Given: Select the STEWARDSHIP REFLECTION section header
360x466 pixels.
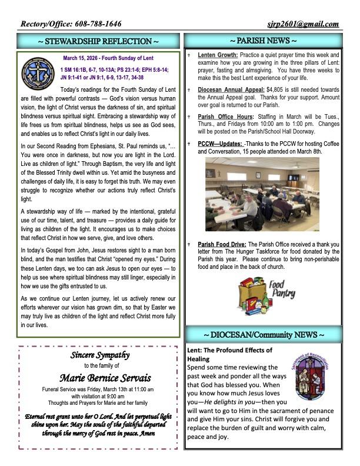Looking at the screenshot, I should click(98, 41).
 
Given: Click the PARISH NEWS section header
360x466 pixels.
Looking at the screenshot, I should click(262, 41).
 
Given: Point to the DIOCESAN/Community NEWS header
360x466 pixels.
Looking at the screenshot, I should click(262, 335).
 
